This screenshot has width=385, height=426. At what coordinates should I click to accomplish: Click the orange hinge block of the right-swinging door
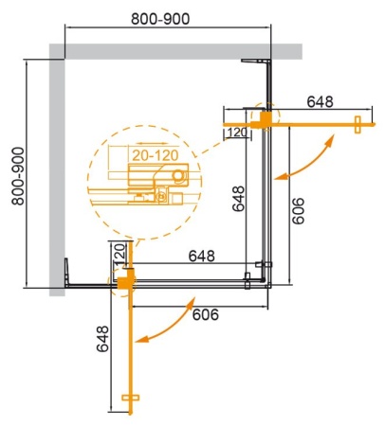(267, 118)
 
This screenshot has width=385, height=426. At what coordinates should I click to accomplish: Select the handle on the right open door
(357, 122)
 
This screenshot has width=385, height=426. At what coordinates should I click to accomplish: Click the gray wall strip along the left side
(57, 170)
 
